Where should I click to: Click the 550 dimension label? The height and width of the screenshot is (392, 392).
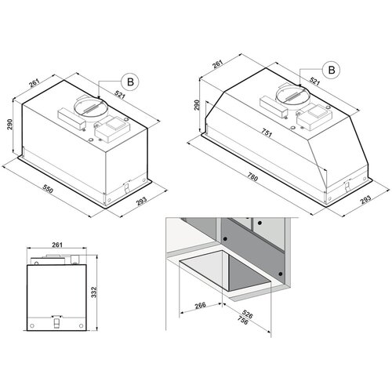(48, 189)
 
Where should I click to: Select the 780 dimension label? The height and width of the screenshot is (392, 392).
(252, 178)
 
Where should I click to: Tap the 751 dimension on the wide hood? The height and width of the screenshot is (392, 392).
(267, 133)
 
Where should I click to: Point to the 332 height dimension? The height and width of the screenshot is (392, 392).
(94, 292)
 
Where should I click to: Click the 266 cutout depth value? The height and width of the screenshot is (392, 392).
(201, 305)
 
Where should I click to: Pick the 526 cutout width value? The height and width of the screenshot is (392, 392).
(247, 314)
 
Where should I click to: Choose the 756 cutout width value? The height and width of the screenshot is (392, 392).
(242, 321)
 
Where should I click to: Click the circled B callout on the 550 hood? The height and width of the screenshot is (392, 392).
(130, 82)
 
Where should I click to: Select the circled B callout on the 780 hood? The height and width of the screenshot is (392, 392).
(332, 70)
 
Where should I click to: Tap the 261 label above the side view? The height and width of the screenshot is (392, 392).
(57, 245)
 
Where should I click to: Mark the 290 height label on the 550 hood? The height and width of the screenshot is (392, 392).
(9, 125)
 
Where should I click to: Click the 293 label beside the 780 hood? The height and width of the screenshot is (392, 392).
(365, 199)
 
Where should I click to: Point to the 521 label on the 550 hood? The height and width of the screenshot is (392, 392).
(119, 95)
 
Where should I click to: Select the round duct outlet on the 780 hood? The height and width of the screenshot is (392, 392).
(293, 95)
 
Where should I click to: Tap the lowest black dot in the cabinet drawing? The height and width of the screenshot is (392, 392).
(281, 274)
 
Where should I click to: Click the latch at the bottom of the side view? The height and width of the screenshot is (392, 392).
(56, 321)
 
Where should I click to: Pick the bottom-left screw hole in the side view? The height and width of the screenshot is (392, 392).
(32, 326)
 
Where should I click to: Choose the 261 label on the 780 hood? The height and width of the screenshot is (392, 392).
(217, 64)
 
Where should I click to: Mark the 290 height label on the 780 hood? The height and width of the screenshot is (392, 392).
(197, 105)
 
